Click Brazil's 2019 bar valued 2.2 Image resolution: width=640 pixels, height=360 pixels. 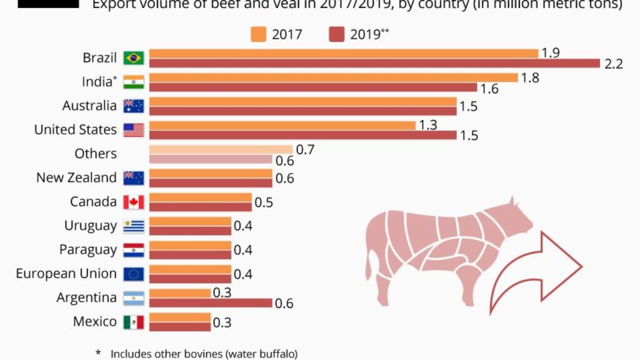point(375,63)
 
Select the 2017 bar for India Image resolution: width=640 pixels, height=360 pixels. point(333,77)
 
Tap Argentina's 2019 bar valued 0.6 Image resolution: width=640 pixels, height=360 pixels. point(211,302)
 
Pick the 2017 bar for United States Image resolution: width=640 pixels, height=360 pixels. point(282,125)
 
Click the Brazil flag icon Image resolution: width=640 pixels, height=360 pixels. point(133,58)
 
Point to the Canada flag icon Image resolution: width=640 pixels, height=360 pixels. point(133,202)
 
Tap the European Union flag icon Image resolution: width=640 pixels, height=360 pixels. point(133,274)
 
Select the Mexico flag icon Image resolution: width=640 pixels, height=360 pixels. point(133,322)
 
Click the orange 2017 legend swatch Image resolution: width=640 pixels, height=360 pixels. point(257,34)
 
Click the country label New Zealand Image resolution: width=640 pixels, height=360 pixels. point(76,177)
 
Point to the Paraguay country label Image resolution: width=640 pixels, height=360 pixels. point(88,249)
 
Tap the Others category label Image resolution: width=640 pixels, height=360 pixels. point(95,154)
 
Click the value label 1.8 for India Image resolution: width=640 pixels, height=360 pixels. point(530,78)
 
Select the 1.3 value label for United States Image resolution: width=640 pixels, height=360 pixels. point(427,126)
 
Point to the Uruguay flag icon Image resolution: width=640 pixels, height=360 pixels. point(133,226)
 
